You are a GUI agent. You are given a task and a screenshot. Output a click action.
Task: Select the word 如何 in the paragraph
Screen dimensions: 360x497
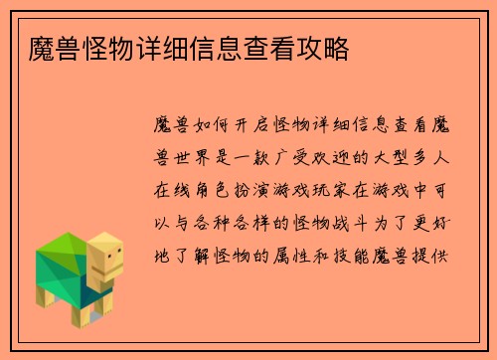(x=218, y=127)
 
